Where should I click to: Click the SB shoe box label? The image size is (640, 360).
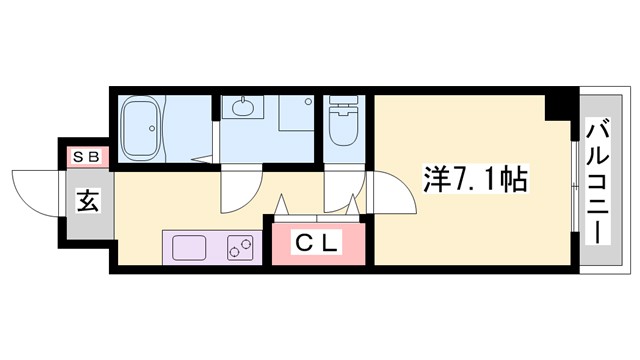83,157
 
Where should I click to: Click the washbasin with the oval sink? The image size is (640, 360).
243,109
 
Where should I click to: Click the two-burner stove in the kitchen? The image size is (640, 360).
241,245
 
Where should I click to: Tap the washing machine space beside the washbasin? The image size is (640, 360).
296,113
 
